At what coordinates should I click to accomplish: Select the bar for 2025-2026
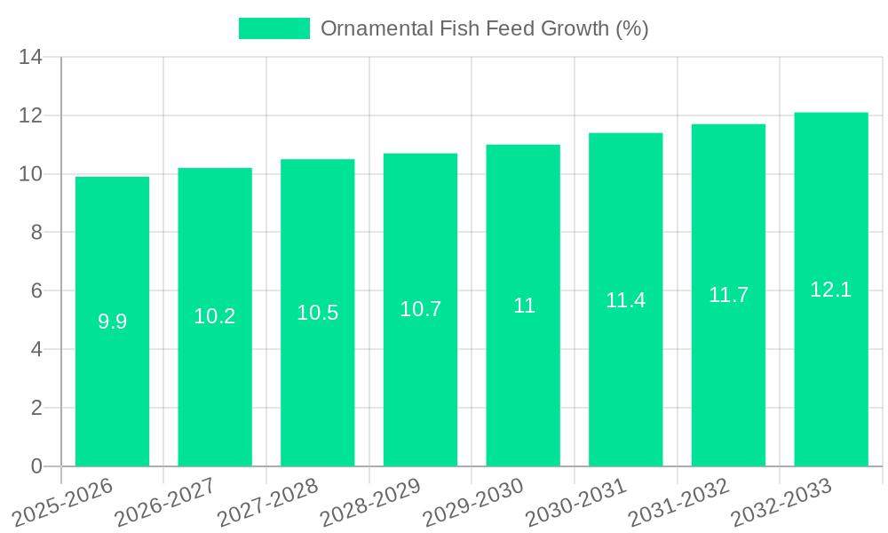pos(112,322)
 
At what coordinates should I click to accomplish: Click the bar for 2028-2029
pos(420,310)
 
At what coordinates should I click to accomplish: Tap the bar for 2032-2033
pos(831,290)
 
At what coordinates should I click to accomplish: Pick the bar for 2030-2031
pos(626,299)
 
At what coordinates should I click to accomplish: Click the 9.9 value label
pos(112,322)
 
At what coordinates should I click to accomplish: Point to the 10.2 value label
pos(215,316)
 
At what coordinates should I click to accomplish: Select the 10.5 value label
pos(318,313)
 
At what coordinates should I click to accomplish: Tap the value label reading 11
pos(524,306)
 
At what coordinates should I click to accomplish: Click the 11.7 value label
pos(728,295)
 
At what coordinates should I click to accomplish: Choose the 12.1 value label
pos(831,290)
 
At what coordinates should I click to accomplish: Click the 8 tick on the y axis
pos(36,233)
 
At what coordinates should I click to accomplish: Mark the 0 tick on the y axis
pos(36,466)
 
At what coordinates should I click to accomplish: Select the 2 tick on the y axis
pos(36,408)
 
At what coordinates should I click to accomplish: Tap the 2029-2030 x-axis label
pos(473,502)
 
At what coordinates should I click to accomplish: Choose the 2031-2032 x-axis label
pos(679,502)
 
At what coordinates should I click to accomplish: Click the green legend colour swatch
pos(274,28)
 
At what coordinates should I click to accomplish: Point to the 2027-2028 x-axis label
pos(268,502)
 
